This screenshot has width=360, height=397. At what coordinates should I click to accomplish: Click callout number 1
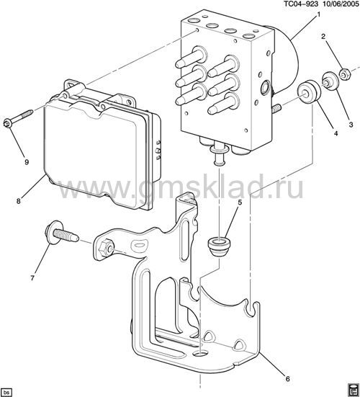coord(318,15)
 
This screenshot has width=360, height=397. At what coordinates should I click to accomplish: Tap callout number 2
coord(323,37)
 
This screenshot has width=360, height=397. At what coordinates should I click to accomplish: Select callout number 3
coord(351,125)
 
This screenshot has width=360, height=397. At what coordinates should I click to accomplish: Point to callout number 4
coord(336,133)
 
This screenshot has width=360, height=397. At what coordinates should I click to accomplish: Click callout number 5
coord(240,202)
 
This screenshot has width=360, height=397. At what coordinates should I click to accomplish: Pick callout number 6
coord(287,379)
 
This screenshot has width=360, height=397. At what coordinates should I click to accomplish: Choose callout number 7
coord(32,278)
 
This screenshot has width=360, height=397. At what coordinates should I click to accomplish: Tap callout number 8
coord(18,201)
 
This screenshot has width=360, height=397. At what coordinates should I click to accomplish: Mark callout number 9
coord(27,162)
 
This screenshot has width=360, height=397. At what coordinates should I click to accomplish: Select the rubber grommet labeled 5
coord(219,246)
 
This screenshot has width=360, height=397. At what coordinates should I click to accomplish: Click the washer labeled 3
coord(330,81)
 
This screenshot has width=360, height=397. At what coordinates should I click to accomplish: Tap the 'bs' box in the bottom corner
coord(7,392)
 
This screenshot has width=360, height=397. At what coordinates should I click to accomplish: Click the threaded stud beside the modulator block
coord(277,109)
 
